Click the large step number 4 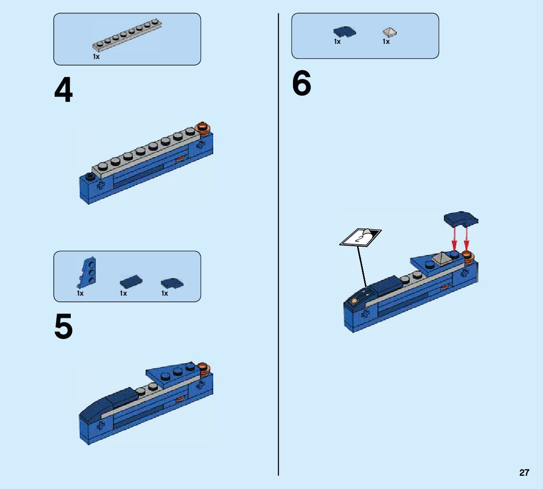point(64,91)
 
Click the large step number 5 point(64,328)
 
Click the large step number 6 point(301,84)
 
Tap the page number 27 point(524,473)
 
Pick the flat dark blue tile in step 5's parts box point(130,282)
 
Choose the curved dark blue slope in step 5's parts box point(172,283)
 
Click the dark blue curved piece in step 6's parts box point(345,32)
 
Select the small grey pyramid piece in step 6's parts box point(389,32)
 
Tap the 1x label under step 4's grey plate point(96,57)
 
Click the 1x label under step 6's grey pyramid point(386,41)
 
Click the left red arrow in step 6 point(454,239)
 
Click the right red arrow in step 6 point(467,239)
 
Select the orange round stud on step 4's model point(203,127)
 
